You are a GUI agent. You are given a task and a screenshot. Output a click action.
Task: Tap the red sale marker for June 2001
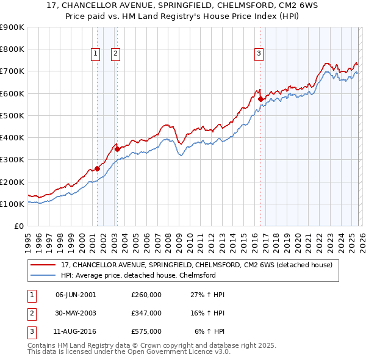tap(97, 168)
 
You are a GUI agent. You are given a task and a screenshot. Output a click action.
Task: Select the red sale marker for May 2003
tap(118, 149)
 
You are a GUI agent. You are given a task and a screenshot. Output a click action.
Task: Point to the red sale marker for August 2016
tap(260, 99)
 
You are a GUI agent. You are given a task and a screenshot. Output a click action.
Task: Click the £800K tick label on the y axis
tap(12, 49)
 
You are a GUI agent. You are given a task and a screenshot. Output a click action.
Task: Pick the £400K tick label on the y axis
tap(12, 138)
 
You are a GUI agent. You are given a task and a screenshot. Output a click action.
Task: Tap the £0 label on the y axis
tap(18, 226)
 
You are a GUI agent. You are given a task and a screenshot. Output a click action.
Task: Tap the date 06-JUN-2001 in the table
tap(76, 295)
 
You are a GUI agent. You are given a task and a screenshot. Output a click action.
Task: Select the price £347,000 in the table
tap(146, 313)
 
